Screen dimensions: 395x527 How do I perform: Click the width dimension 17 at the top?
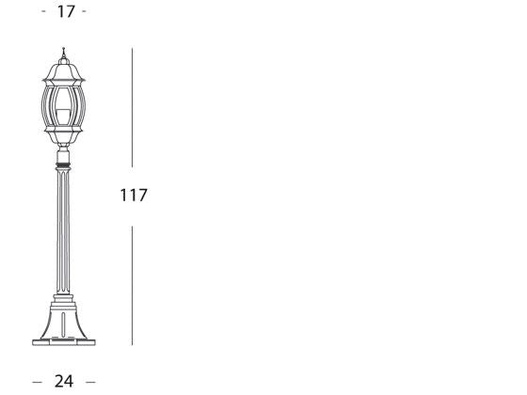(x=65, y=11)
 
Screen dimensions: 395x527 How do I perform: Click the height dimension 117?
(x=134, y=196)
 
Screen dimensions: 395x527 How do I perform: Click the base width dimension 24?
(x=64, y=381)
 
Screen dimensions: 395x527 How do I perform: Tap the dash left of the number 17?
(x=45, y=11)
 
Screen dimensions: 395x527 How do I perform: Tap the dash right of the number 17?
(x=85, y=11)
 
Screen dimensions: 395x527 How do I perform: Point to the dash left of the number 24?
(x=38, y=381)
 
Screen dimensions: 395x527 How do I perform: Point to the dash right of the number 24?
(x=90, y=381)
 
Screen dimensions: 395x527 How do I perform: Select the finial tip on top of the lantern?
(x=63, y=51)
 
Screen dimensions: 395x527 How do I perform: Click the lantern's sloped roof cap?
(x=63, y=71)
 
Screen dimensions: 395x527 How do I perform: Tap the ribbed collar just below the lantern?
(x=64, y=170)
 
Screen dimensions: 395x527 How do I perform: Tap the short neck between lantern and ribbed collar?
(x=64, y=156)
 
